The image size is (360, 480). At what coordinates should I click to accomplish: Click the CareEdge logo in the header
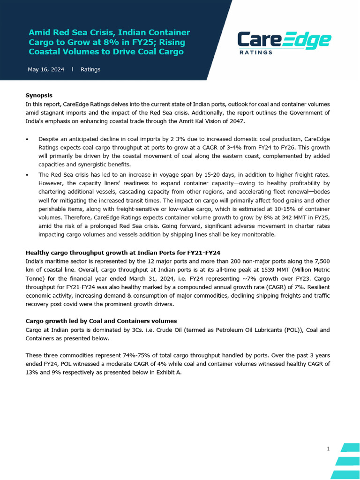(x=284, y=40)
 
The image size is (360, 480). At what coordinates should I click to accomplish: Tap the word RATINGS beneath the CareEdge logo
(x=256, y=52)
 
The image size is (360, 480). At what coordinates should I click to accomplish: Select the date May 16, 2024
(x=46, y=69)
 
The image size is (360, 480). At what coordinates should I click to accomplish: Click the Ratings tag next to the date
(x=90, y=69)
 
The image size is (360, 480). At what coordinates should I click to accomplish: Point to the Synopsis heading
(x=39, y=95)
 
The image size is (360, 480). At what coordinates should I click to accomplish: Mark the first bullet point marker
(x=27, y=139)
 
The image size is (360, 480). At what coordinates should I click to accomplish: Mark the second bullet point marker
(x=27, y=174)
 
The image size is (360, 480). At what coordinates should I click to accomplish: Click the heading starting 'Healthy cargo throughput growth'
(x=123, y=253)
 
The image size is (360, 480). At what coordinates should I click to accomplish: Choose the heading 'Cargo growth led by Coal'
(x=101, y=321)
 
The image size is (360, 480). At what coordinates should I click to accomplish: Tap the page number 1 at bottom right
(x=328, y=449)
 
